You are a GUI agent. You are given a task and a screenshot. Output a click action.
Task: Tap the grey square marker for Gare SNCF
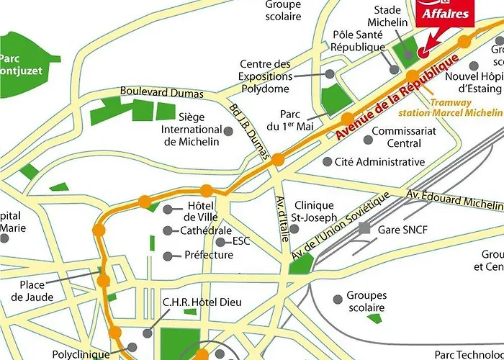tap(365, 228)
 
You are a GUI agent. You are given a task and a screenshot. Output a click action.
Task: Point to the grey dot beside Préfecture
tap(168, 256)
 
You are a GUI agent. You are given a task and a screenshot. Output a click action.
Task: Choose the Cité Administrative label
tap(380, 162)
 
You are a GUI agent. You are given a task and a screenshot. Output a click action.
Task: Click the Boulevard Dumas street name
tap(162, 93)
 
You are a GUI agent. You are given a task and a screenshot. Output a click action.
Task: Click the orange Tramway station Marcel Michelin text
tap(465, 108)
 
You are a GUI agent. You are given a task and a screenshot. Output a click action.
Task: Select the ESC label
tap(241, 241)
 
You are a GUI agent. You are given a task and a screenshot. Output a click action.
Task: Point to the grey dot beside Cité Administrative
tap(327, 162)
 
